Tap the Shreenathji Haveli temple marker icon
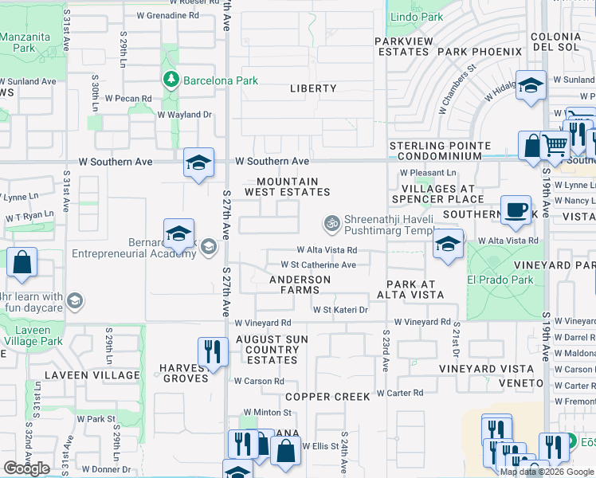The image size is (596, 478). click(331, 221)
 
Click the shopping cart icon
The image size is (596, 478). click(555, 145)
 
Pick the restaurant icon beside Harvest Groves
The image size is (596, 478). click(212, 351)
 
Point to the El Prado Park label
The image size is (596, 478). click(512, 280)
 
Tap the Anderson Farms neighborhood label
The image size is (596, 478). click(300, 285)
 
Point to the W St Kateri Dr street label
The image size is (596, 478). click(340, 310)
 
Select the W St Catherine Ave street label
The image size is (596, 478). click(318, 264)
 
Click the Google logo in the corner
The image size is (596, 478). click(26, 468)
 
